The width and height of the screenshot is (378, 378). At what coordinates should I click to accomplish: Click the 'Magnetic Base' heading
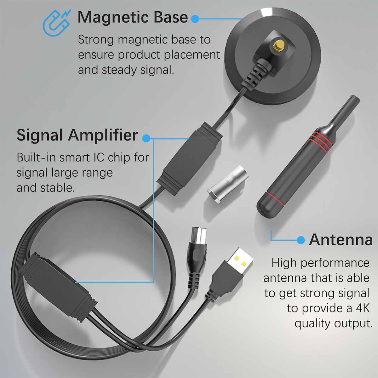click(x=132, y=17)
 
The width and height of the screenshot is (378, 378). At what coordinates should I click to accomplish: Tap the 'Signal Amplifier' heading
click(x=77, y=135)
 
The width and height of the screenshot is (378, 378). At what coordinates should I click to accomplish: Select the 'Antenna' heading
click(x=341, y=240)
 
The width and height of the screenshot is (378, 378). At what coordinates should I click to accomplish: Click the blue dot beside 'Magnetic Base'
click(x=195, y=19)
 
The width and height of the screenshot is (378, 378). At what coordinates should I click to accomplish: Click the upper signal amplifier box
click(x=189, y=157)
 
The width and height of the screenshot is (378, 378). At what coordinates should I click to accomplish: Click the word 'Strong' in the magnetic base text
click(x=96, y=40)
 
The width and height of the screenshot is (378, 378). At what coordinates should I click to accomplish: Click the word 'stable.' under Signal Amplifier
click(x=58, y=187)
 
